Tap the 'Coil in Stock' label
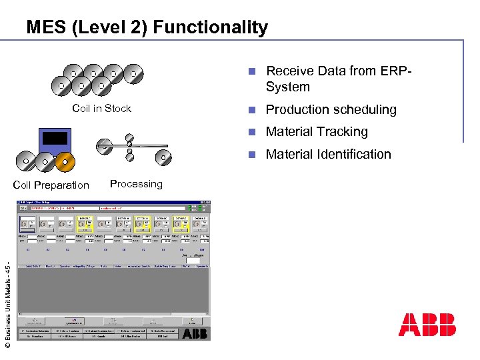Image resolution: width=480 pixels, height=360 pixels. coord(101,109)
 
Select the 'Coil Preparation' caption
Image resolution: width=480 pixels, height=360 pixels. coord(51,185)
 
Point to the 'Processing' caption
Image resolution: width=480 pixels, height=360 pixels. coord(136,184)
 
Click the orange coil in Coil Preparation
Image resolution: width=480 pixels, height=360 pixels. coord(64,161)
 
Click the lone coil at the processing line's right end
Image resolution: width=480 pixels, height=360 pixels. coord(163,158)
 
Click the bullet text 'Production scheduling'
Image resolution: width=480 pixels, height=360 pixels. coord(331,109)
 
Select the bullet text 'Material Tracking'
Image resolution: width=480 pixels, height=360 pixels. coord(317,132)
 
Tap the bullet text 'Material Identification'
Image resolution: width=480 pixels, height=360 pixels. coord(328,154)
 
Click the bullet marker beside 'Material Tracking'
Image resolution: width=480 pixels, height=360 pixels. coord(251,132)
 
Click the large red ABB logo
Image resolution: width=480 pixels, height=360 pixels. coord(427,325)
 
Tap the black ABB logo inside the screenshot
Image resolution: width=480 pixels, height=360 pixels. coord(195,333)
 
